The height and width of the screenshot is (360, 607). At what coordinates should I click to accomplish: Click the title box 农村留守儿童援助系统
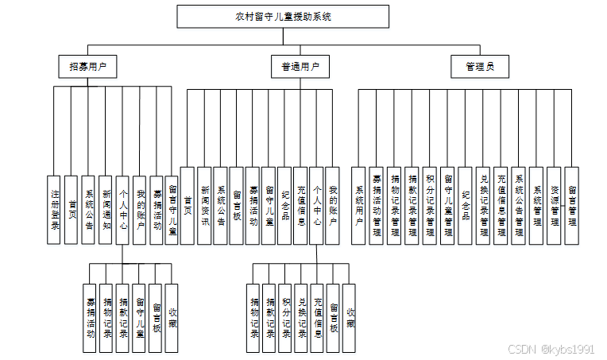[x=283, y=16]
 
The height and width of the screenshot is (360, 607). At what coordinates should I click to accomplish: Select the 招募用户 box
[x=87, y=67]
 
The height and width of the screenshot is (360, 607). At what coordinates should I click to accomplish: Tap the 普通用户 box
[x=300, y=67]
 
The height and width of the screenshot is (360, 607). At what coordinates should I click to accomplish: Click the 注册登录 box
[x=55, y=209]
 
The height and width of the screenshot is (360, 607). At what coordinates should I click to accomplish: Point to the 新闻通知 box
[x=106, y=209]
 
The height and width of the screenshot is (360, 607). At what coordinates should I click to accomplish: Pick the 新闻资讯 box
[x=204, y=206]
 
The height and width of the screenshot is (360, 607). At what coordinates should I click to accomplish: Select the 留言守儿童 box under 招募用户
[x=172, y=209]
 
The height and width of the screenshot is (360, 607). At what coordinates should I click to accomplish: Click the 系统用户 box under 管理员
[x=359, y=206]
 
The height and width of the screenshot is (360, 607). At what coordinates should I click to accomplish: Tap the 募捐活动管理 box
[x=377, y=206]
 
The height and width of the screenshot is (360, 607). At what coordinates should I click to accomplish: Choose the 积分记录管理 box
[x=430, y=206]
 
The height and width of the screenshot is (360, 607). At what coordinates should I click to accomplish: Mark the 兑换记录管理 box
[x=483, y=206]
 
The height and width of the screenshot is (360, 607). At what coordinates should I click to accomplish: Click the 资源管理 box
[x=554, y=206]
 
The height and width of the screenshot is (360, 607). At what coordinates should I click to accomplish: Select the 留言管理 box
[x=571, y=206]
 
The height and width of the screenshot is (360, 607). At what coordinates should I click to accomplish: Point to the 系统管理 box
[x=536, y=206]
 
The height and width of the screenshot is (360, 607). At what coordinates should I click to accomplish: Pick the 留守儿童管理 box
[x=448, y=206]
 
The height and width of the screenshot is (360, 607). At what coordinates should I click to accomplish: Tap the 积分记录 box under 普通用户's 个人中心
[x=285, y=318]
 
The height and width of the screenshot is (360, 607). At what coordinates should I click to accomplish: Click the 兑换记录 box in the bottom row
[x=301, y=318]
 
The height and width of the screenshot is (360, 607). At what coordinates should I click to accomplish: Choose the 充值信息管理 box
[x=501, y=206]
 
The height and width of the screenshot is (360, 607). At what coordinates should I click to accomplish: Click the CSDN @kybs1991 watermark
[x=550, y=349]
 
